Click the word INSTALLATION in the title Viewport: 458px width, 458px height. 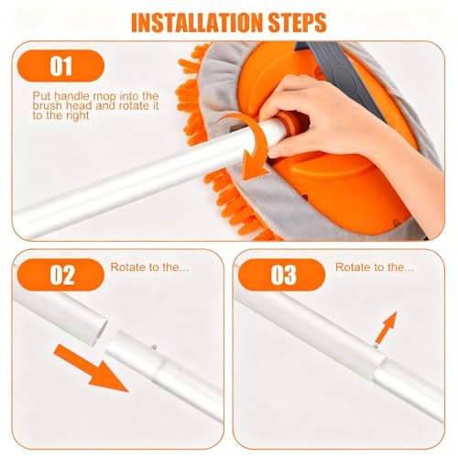pyautogui.click(x=197, y=23)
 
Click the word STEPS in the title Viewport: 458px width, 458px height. pyautogui.click(x=298, y=23)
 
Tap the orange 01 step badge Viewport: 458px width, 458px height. pyautogui.click(x=61, y=66)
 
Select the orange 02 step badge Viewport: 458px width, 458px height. pyautogui.click(x=61, y=275)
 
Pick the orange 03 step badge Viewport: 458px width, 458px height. pyautogui.click(x=281, y=275)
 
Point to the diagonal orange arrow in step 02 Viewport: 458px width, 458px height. pyautogui.click(x=91, y=368)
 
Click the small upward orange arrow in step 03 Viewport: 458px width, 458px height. pyautogui.click(x=387, y=327)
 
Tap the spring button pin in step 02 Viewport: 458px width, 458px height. pyautogui.click(x=155, y=347)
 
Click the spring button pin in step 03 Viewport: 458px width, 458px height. pyautogui.click(x=376, y=346)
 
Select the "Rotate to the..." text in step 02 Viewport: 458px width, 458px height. pyautogui.click(x=149, y=267)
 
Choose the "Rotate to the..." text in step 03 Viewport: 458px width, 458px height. pyautogui.click(x=375, y=267)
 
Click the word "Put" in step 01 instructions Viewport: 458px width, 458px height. pyautogui.click(x=42, y=96)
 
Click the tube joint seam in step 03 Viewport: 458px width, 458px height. pyautogui.click(x=378, y=368)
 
